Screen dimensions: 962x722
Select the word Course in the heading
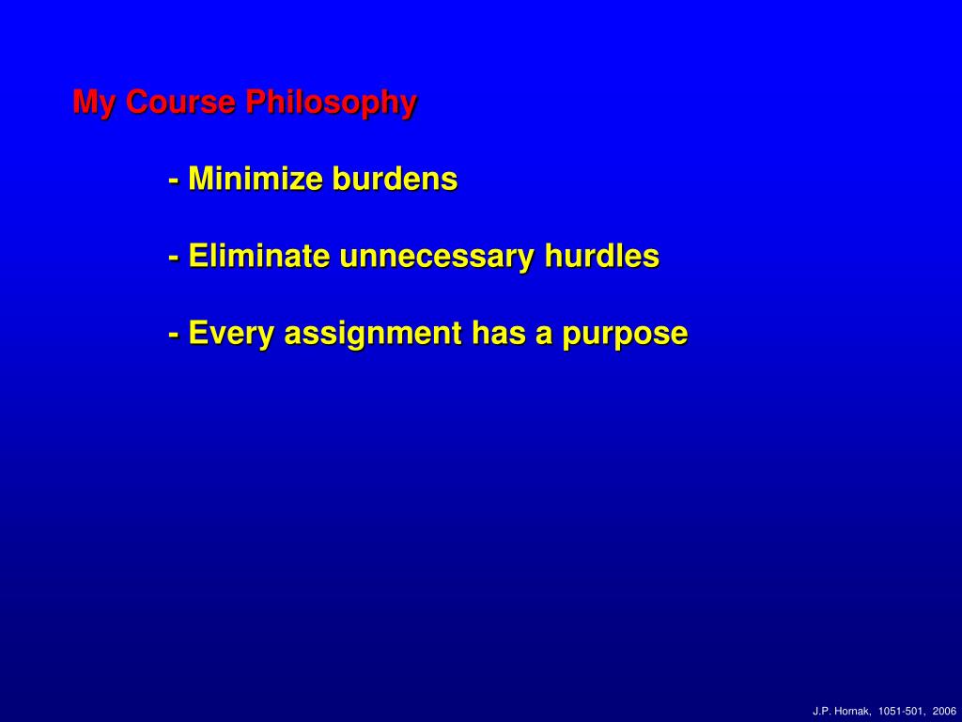tap(180, 102)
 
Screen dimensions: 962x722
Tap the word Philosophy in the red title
tap(332, 102)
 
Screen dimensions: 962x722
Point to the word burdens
tap(396, 179)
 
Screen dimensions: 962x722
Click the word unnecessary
tap(437, 258)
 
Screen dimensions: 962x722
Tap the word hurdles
tap(602, 256)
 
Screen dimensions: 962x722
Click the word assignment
tap(373, 335)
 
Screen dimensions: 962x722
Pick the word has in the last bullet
tap(499, 333)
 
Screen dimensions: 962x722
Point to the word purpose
tap(625, 336)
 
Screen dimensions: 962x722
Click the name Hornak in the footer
tap(855, 712)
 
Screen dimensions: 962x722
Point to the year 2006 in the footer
tap(944, 712)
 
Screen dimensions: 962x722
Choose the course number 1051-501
tap(901, 712)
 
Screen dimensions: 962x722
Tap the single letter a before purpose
tap(544, 336)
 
